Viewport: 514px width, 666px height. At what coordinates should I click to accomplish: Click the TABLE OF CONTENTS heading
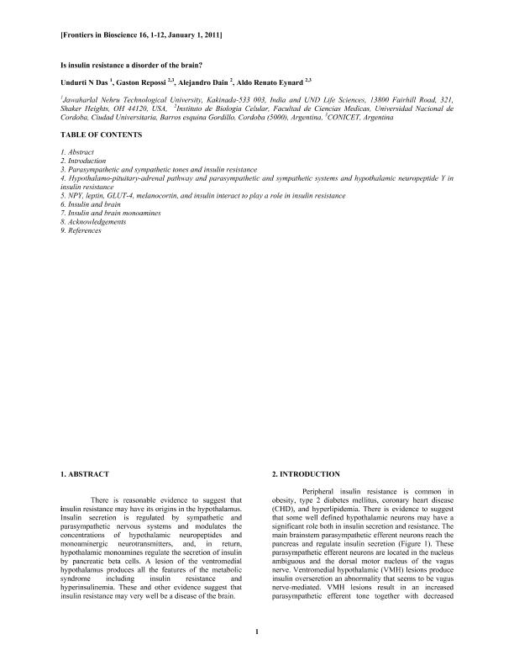click(101, 135)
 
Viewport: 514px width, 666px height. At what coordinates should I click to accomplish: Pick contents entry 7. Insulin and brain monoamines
click(112, 214)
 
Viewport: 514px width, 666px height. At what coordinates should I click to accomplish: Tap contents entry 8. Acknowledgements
click(95, 222)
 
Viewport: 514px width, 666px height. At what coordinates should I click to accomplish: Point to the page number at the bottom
click(257, 632)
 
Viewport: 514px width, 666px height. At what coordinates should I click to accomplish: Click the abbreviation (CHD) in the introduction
click(285, 510)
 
